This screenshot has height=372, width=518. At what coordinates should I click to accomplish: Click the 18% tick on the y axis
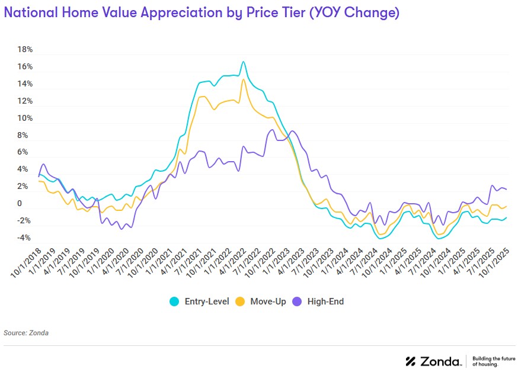[x=25, y=50]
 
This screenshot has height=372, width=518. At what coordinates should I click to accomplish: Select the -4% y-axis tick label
[x=24, y=238]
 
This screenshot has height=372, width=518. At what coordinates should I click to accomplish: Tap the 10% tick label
[x=25, y=118]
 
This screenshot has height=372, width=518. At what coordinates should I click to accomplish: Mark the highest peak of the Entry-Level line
[x=243, y=62]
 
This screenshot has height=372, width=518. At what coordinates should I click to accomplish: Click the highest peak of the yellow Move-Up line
[x=243, y=79]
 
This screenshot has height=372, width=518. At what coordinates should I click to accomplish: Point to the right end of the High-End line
[x=506, y=190]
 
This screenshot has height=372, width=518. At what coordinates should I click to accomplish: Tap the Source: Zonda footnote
[x=26, y=333]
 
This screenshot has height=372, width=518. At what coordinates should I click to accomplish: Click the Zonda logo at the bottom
[x=433, y=361]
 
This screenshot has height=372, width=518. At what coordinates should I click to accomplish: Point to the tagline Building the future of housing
[x=494, y=361]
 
